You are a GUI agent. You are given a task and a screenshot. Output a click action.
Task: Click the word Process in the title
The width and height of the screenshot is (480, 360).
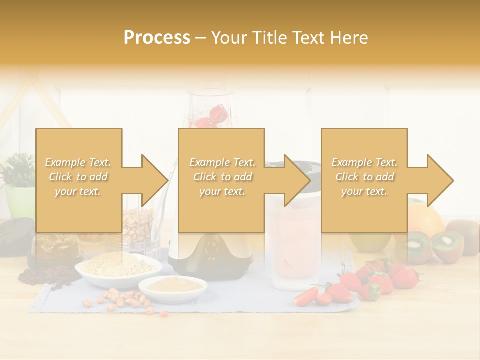(157, 38)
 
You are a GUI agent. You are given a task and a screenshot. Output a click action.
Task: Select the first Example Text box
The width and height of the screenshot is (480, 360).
(79, 180)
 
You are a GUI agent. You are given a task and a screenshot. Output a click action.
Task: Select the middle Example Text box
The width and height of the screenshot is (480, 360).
(221, 180)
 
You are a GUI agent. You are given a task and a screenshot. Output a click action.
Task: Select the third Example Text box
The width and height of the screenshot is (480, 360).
(364, 180)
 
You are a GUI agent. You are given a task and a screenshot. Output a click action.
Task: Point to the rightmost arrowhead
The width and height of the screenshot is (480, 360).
(439, 180)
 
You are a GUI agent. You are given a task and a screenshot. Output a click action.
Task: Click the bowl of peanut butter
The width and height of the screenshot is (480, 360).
(172, 286)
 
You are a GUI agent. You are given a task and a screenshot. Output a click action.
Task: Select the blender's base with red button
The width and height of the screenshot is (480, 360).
(210, 252)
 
